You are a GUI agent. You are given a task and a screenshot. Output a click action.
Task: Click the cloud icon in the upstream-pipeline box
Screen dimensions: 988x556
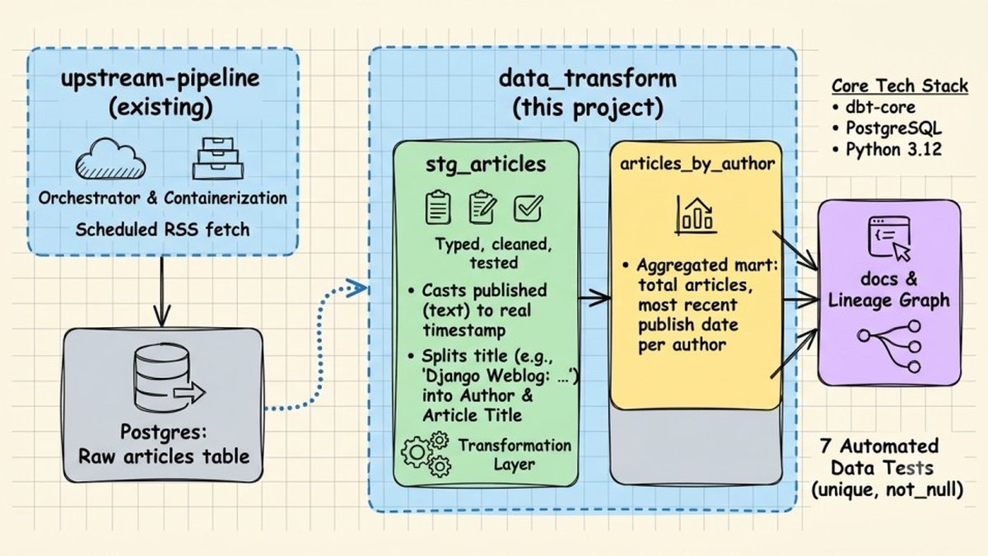[x=110, y=159]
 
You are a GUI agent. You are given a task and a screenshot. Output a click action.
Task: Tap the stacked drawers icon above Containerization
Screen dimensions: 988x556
[x=218, y=158]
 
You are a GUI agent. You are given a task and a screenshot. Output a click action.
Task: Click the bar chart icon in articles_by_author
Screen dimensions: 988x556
[x=696, y=215]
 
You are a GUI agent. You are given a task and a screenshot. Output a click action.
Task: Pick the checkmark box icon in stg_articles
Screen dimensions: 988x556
[x=528, y=208]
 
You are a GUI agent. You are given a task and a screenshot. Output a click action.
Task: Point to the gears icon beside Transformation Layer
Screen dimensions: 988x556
[x=426, y=454]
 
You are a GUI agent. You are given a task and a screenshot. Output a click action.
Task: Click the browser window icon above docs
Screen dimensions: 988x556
[x=889, y=239]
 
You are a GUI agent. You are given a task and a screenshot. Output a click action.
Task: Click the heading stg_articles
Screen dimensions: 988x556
[x=486, y=165]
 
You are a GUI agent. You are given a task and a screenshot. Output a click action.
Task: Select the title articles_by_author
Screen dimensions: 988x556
[x=697, y=164]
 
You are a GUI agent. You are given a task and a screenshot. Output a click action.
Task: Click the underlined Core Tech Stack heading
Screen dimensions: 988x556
[x=900, y=86]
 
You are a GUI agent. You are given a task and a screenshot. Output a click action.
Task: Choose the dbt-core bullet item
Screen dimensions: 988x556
[x=874, y=107]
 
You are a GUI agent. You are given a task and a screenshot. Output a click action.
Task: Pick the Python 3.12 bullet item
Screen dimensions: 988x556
[x=887, y=149]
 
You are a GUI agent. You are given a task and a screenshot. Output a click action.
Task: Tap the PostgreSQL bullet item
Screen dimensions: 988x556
[x=887, y=128]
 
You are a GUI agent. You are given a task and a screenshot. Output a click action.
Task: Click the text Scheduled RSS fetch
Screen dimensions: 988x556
[x=162, y=230]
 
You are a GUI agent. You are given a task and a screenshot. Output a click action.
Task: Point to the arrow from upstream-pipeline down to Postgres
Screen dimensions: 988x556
[x=161, y=292]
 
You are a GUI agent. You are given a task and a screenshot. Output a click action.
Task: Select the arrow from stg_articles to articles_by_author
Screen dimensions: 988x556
[x=594, y=298]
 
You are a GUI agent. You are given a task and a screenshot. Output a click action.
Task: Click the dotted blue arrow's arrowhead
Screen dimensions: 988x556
[x=357, y=287]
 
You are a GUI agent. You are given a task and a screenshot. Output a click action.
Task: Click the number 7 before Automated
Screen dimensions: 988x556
[x=826, y=446]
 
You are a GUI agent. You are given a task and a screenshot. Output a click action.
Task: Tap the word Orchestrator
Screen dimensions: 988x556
[x=89, y=199]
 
